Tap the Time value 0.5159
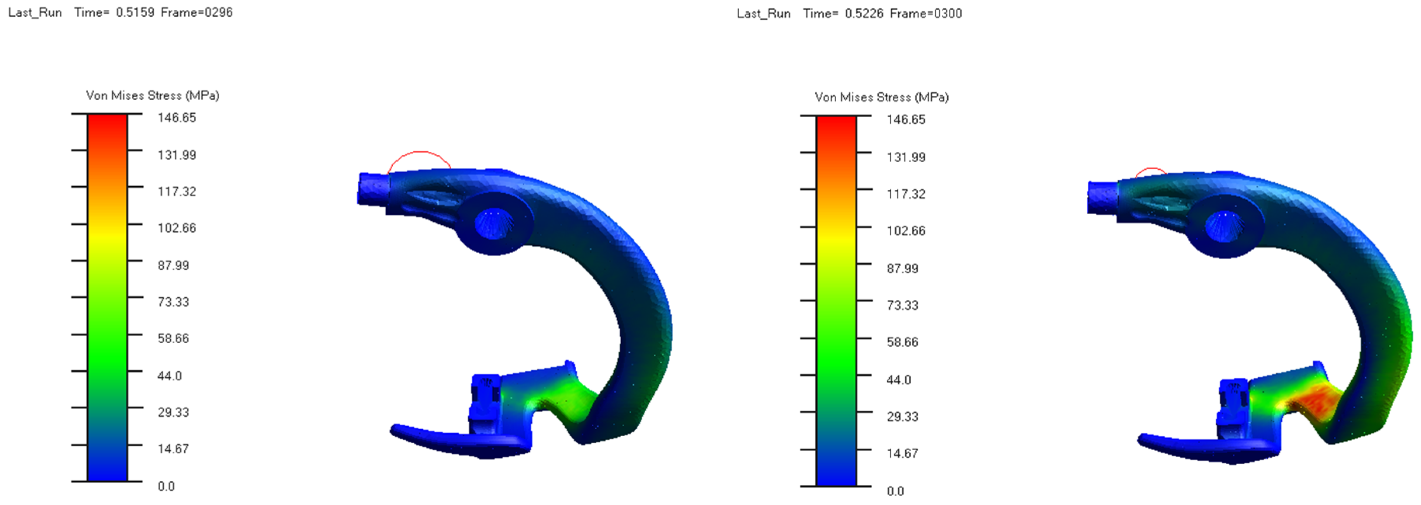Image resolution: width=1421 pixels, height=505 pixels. (x=135, y=12)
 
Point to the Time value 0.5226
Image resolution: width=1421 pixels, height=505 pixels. (x=864, y=13)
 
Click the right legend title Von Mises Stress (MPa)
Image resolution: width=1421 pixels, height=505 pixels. (x=882, y=97)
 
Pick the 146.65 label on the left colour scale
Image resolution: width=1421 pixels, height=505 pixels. (x=177, y=118)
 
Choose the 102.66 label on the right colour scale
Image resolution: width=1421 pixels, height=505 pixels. (x=906, y=231)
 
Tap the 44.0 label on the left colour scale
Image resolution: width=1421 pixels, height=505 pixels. (x=169, y=376)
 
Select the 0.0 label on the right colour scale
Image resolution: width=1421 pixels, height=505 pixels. (x=895, y=491)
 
